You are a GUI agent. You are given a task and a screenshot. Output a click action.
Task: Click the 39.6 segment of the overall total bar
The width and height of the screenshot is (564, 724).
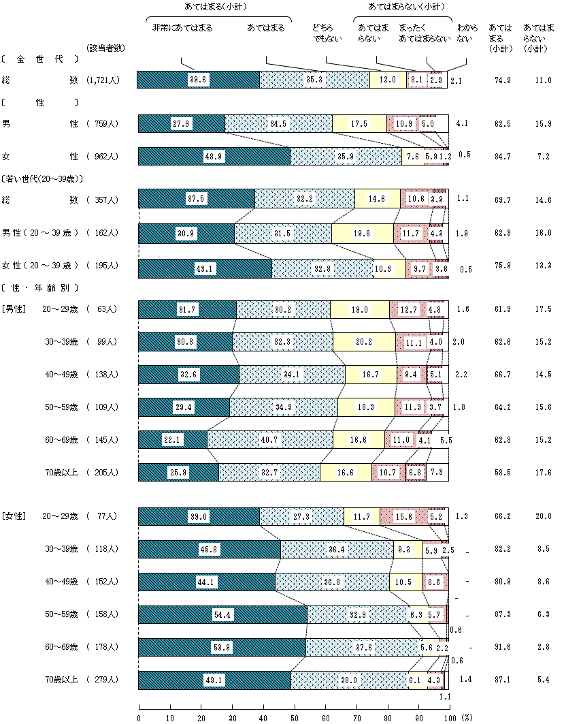(x=199, y=80)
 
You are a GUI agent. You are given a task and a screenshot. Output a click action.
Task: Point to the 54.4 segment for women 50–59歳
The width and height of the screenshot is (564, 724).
(x=223, y=615)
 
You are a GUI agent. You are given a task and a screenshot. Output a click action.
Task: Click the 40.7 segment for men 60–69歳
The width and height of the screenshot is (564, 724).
(x=270, y=440)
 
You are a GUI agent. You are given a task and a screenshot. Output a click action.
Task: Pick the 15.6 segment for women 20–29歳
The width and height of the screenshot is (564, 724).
(x=403, y=517)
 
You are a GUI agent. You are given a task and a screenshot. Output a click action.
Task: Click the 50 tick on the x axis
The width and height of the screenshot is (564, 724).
(x=294, y=717)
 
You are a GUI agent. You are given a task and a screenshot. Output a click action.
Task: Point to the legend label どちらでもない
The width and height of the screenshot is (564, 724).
(x=325, y=33)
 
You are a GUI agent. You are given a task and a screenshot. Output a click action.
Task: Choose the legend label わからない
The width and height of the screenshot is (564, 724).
(x=465, y=33)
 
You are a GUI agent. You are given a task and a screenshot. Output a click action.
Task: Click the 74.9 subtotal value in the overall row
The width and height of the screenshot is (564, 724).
(x=503, y=80)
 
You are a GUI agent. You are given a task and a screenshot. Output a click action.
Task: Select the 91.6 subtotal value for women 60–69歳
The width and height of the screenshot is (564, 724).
(x=503, y=648)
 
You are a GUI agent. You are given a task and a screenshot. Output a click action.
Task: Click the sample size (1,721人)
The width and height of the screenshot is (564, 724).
(x=103, y=80)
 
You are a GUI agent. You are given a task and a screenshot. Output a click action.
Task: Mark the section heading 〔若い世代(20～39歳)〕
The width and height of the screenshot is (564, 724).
(x=42, y=179)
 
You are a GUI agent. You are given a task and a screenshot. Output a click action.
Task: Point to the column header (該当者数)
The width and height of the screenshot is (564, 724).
(x=106, y=48)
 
